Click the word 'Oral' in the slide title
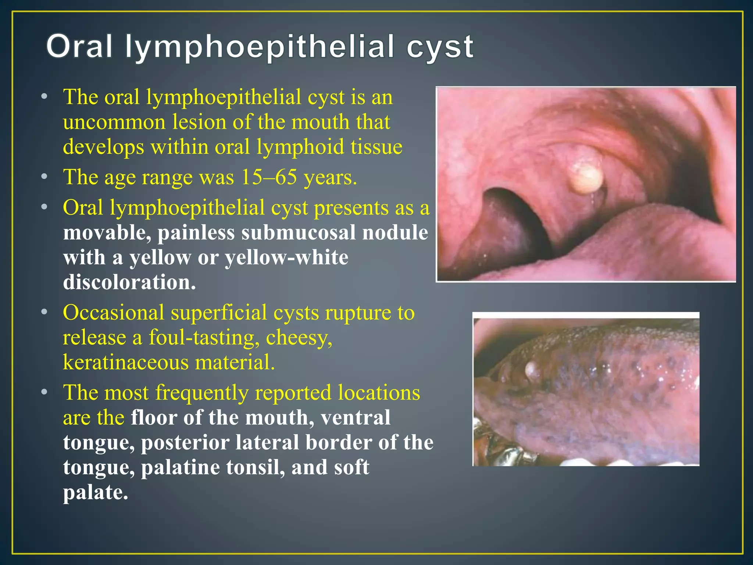tap(79, 47)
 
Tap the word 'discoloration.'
tap(129, 282)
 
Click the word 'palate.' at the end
tap(96, 493)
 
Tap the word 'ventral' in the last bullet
tap(355, 418)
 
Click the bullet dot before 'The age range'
tap(44, 177)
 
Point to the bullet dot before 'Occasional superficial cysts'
tap(44, 312)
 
